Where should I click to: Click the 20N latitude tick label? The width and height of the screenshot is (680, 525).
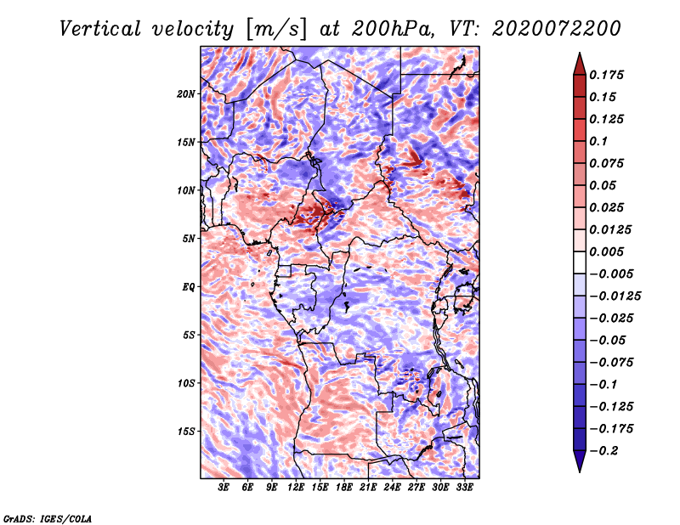[x=185, y=94]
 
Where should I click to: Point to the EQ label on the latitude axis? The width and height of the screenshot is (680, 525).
[x=188, y=287]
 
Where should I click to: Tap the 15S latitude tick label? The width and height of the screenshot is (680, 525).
[x=185, y=432]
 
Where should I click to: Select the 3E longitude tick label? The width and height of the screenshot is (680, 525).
[x=223, y=488]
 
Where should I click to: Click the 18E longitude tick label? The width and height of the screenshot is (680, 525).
[x=343, y=488]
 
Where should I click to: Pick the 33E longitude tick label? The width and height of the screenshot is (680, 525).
[x=464, y=488]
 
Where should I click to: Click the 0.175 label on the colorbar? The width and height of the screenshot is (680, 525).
[x=606, y=75]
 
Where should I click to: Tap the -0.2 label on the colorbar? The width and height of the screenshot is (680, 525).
[x=603, y=451]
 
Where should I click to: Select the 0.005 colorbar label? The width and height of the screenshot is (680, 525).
[x=606, y=251]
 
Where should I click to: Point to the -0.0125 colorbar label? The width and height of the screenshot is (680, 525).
[x=615, y=296]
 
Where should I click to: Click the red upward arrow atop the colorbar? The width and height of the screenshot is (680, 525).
[x=580, y=64]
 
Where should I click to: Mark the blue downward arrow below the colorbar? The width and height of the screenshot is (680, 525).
[x=580, y=461]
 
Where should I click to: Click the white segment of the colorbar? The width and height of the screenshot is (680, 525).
[x=580, y=262]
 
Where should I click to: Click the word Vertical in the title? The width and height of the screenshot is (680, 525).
[x=100, y=29]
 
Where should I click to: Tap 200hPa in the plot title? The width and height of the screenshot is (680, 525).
[x=392, y=29]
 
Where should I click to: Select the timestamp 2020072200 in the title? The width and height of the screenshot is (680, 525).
[x=557, y=29]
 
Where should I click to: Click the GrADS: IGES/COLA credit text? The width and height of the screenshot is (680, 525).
[x=48, y=518]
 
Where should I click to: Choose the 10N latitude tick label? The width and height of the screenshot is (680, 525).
[x=185, y=190]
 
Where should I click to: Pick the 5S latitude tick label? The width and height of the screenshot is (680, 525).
[x=188, y=335]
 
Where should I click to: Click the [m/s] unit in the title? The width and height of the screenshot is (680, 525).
[x=276, y=30]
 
